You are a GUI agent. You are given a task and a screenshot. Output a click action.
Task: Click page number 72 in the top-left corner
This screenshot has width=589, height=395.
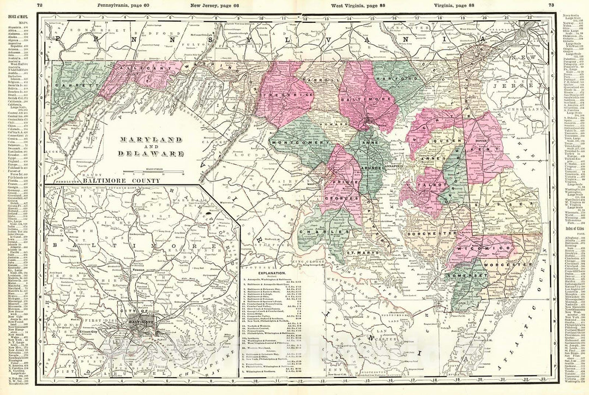pyautogui.click(x=39, y=5)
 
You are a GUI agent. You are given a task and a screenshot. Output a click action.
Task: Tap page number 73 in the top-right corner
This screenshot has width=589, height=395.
pyautogui.click(x=551, y=5)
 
